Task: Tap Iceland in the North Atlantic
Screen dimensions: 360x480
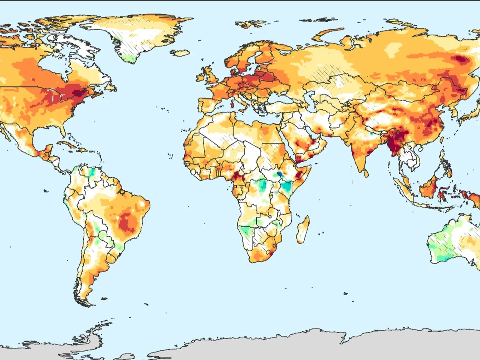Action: click(x=180, y=53)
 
